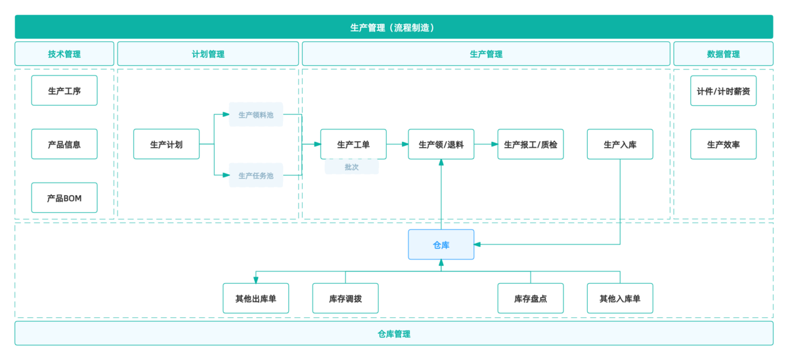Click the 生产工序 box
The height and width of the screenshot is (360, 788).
point(64,91)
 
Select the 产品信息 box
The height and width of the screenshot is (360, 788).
point(64,144)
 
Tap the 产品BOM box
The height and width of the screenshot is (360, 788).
point(64,198)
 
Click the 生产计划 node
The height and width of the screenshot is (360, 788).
point(166,144)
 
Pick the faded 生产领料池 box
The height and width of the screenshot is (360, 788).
point(256,114)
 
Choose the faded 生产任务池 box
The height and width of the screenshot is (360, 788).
point(256,175)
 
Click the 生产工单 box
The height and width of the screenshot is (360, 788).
point(353,144)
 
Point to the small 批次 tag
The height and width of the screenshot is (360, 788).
point(351,167)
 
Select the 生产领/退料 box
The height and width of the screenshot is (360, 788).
point(441,144)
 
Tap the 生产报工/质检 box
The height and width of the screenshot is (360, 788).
point(531,144)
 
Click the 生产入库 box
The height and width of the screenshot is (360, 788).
point(620,144)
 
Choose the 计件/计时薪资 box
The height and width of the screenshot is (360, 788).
point(723,91)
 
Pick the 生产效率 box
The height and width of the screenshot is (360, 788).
point(723,144)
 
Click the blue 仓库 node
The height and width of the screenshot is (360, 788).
point(441,244)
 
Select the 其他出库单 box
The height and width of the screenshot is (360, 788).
point(256,298)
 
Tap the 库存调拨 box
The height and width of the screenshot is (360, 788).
point(345,298)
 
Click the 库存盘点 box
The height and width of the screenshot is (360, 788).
point(531,298)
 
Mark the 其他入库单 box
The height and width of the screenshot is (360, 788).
point(620,298)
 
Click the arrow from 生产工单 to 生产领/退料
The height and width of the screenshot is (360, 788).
point(397,144)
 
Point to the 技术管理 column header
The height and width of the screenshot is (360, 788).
point(64,54)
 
